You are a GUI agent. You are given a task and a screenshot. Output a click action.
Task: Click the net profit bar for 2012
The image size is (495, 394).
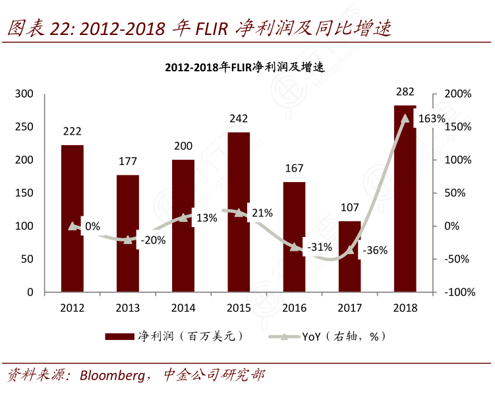[x=73, y=218]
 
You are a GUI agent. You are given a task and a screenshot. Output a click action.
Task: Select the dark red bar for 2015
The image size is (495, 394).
[x=239, y=211]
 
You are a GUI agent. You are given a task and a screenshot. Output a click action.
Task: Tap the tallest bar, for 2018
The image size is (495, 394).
[x=405, y=198]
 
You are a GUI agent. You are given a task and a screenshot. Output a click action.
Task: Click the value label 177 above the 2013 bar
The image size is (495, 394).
[x=128, y=161]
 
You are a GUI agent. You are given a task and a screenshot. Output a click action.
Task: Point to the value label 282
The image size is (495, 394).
[x=405, y=91]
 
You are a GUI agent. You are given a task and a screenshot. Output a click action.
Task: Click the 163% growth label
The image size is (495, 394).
[x=432, y=119]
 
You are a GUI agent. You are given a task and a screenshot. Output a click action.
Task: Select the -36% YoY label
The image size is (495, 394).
[x=374, y=250]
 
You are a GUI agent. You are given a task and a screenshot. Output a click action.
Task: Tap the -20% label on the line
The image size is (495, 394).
[x=153, y=240]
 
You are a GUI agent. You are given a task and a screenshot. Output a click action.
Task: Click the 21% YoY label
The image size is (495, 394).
[x=262, y=213]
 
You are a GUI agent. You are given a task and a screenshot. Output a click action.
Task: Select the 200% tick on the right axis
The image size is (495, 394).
[x=457, y=94]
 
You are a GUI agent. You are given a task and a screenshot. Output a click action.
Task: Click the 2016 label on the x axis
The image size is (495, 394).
[x=294, y=308]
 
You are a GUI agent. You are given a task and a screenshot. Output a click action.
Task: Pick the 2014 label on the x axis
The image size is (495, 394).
[x=183, y=308]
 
